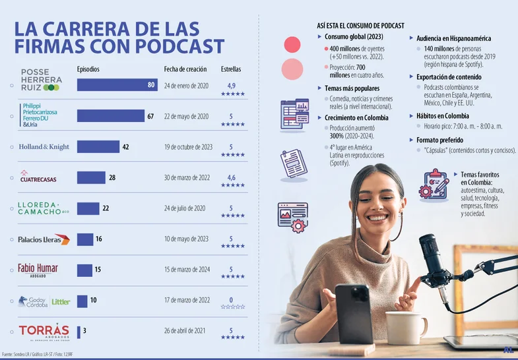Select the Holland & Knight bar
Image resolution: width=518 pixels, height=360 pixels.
point(98,146)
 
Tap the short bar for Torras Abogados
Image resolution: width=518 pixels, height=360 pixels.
point(79,332)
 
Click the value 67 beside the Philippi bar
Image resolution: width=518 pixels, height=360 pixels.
point(150,116)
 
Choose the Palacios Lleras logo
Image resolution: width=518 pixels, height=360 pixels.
point(44,239)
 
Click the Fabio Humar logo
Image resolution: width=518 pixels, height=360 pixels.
point(38,270)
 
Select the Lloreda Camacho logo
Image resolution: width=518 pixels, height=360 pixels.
point(44,208)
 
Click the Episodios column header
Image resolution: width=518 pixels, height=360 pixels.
point(89,69)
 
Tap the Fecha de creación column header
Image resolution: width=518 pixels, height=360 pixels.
point(185,69)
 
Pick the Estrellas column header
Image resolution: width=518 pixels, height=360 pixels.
point(231,69)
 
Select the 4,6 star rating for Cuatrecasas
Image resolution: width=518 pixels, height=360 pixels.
point(231,177)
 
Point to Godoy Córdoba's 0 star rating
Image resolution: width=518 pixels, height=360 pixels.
point(231,300)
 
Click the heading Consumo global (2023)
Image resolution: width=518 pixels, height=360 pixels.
point(354,37)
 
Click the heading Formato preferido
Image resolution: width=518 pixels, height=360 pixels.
point(439,140)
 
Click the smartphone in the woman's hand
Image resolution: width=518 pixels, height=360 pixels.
point(354,313)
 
